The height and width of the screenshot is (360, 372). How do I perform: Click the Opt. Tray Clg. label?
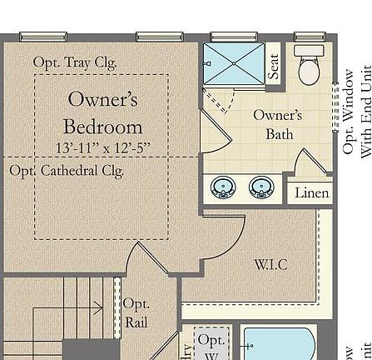pyautogui.click(x=75, y=62)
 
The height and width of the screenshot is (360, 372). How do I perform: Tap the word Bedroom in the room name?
pyautogui.click(x=102, y=127)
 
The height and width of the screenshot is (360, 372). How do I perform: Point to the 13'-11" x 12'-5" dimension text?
pyautogui.click(x=102, y=148)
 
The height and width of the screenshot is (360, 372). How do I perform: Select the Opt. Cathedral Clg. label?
pyautogui.click(x=66, y=171)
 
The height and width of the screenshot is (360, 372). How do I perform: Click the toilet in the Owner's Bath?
pyautogui.click(x=309, y=66)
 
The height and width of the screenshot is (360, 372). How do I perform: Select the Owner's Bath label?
pyautogui.click(x=277, y=124)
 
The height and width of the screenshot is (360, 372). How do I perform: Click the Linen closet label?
pyautogui.click(x=311, y=192)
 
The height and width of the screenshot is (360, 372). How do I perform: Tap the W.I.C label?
pyautogui.click(x=270, y=264)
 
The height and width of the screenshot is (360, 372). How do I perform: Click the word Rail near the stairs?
pyautogui.click(x=136, y=322)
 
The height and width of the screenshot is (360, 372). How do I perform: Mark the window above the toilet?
pyautogui.click(x=309, y=37)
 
